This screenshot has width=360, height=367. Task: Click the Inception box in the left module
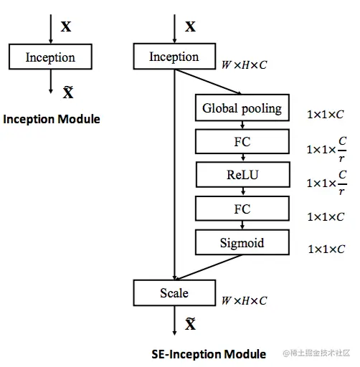tap(50, 57)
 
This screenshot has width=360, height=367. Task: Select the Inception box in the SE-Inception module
tap(174, 57)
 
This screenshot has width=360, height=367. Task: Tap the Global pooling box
tap(242, 109)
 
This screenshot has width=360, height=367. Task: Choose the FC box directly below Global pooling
tap(242, 142)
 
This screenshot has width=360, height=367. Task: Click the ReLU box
tap(242, 175)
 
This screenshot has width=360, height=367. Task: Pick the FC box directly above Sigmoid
tap(242, 209)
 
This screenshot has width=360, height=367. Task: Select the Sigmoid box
tap(242, 242)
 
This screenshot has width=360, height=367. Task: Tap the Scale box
tap(174, 292)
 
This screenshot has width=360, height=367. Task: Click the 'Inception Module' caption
tap(52, 119)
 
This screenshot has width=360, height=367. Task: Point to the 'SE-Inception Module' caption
tap(209, 353)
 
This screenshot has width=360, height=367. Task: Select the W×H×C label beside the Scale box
tap(244, 301)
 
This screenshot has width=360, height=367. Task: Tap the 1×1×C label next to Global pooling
tap(326, 114)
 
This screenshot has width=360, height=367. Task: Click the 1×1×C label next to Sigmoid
tap(326, 249)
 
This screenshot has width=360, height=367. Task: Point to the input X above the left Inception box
tap(66, 27)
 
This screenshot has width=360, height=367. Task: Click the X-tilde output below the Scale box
tap(190, 325)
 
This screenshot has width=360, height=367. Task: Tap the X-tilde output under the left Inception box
tap(68, 92)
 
